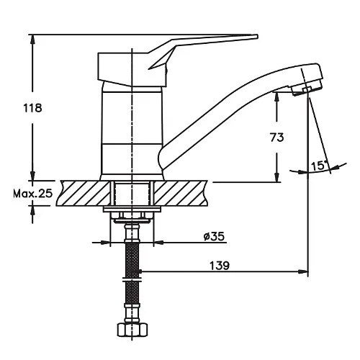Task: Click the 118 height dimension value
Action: pos(32,108)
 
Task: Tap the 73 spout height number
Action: pos(276,138)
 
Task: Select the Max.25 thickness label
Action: pos(32,194)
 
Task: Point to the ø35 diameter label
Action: pos(214,236)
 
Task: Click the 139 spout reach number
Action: pos(220,266)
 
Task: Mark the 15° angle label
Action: pos(319,166)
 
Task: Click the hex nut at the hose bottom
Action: pos(132,330)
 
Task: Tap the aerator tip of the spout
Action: pos(308,89)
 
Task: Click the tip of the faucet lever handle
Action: pos(257,37)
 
